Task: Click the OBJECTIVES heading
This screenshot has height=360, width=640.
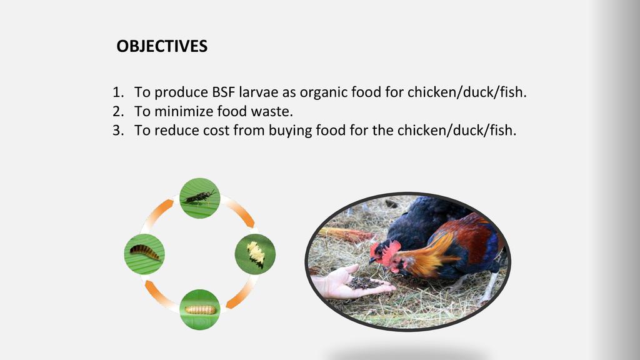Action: [162, 46]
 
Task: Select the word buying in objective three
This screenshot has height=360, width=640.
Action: [291, 131]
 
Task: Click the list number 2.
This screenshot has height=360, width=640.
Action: [118, 111]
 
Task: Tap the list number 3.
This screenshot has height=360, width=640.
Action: [118, 131]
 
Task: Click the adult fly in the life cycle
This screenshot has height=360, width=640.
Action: [200, 198]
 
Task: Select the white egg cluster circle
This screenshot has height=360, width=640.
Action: [255, 254]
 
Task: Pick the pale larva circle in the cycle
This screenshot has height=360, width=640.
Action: [200, 309]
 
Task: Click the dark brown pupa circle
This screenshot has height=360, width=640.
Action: [144, 254]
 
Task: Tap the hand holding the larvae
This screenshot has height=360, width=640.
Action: [349, 282]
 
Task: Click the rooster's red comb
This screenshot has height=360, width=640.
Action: [390, 250]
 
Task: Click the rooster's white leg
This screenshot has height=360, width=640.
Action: [491, 286]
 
